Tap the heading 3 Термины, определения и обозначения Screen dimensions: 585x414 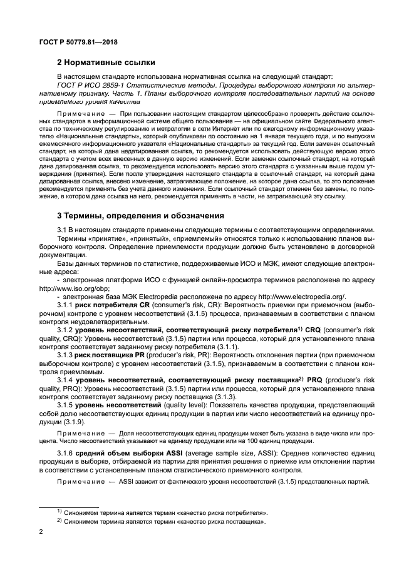click(140, 216)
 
